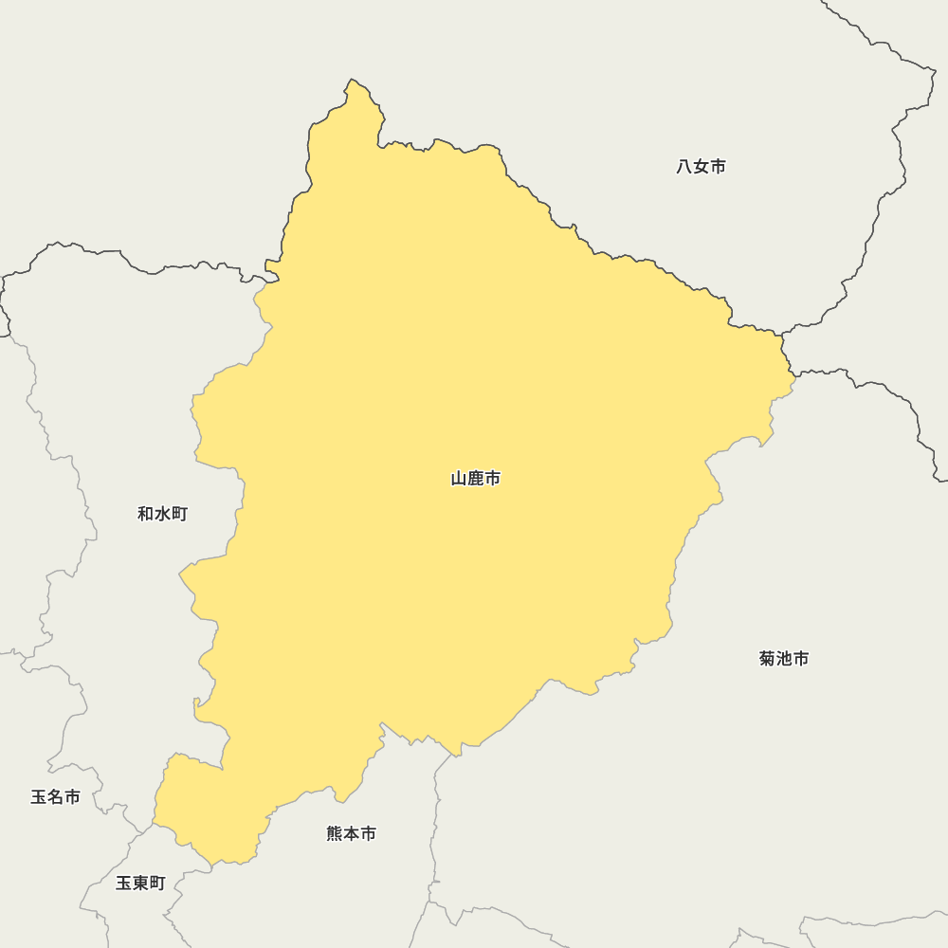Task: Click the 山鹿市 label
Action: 476,479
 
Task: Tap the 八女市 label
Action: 702,167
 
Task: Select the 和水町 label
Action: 163,514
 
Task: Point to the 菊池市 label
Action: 784,658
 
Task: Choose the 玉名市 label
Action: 55,797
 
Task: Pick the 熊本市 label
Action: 352,833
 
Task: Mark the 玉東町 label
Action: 140,884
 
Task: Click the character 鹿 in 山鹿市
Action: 476,479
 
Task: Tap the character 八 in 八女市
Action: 684,167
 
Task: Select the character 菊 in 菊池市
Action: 768,658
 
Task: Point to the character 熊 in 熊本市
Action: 335,833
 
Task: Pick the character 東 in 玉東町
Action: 140,884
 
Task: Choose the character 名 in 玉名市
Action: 55,797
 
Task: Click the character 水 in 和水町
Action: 163,514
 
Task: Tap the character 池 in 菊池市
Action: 785,658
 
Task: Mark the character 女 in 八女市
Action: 702,167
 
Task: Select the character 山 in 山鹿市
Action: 459,479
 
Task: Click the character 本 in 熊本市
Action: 352,833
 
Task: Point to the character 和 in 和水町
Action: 146,514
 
